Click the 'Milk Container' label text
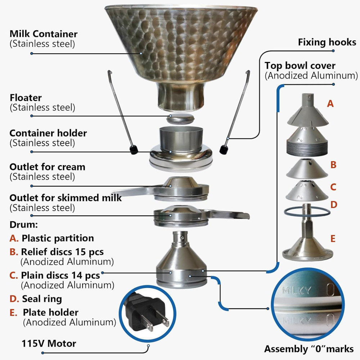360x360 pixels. tap(44, 34)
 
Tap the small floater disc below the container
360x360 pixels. tap(180, 119)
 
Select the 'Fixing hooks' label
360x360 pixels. tap(327, 42)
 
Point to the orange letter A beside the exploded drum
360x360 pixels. tap(330, 104)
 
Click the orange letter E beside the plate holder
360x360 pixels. tap(333, 239)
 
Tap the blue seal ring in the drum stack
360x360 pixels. tap(307, 212)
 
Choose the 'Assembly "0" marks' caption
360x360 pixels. tap(309, 349)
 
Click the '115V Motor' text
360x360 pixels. tap(49, 343)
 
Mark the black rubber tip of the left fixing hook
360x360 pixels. tap(134, 149)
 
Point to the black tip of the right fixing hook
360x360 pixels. tap(224, 149)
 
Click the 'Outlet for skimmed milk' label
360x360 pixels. tap(66, 198)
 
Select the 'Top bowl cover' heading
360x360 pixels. tap(300, 66)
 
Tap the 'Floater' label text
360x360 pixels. tap(26, 98)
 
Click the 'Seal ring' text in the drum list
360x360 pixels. tap(42, 299)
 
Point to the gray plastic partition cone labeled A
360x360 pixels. tap(308, 111)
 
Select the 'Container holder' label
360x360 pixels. tap(48, 133)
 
